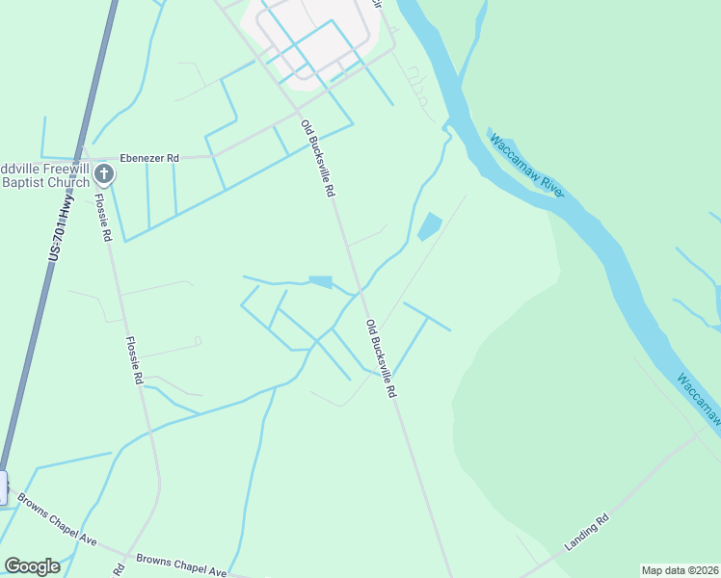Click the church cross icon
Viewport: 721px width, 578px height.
tap(105, 173)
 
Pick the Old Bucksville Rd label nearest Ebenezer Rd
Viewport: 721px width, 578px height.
tap(318, 159)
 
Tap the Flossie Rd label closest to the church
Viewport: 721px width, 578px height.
tap(103, 218)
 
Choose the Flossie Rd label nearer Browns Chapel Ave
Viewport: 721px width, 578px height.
tap(133, 360)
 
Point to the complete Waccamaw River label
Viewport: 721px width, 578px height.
tap(526, 167)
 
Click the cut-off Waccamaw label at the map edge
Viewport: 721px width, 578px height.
tap(698, 395)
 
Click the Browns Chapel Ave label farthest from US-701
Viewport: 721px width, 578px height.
tap(180, 565)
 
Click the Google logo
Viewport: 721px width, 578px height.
tap(33, 566)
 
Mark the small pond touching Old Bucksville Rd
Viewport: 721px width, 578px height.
tap(321, 282)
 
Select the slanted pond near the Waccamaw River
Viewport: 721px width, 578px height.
tap(428, 226)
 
